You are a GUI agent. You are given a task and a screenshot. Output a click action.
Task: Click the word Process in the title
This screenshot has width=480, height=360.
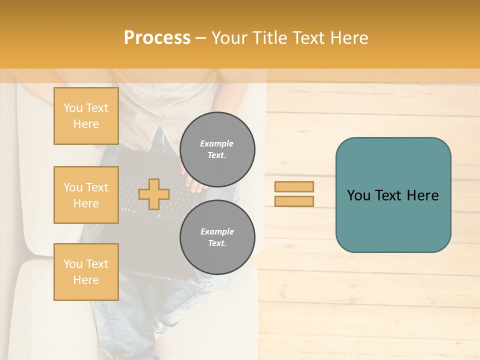tap(157, 38)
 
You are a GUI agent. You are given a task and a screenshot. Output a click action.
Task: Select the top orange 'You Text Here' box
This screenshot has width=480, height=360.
tap(86, 116)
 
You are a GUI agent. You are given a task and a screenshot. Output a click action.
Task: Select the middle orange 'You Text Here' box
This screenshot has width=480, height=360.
tap(86, 195)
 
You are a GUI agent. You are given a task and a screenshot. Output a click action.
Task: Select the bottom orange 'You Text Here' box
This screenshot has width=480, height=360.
tap(86, 272)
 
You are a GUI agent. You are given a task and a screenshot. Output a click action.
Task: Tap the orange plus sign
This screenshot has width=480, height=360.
tap(153, 194)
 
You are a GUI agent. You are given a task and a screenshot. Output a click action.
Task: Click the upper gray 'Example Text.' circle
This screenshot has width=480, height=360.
tap(217, 149)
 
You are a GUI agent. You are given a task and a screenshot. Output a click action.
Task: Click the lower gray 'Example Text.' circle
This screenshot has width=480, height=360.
tap(217, 237)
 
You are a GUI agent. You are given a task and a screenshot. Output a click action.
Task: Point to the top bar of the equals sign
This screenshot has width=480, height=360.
tap(294, 186)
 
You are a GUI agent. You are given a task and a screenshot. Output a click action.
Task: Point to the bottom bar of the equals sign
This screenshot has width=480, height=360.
tap(294, 201)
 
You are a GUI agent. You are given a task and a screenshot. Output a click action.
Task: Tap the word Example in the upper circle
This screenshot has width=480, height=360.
tap(217, 143)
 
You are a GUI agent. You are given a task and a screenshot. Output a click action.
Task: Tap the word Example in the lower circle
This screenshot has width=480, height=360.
tap(217, 231)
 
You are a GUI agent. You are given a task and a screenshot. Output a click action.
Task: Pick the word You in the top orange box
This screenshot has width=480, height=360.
tap(73, 108)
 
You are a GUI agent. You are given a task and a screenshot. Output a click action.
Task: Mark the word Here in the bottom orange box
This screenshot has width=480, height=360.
tap(86, 280)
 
